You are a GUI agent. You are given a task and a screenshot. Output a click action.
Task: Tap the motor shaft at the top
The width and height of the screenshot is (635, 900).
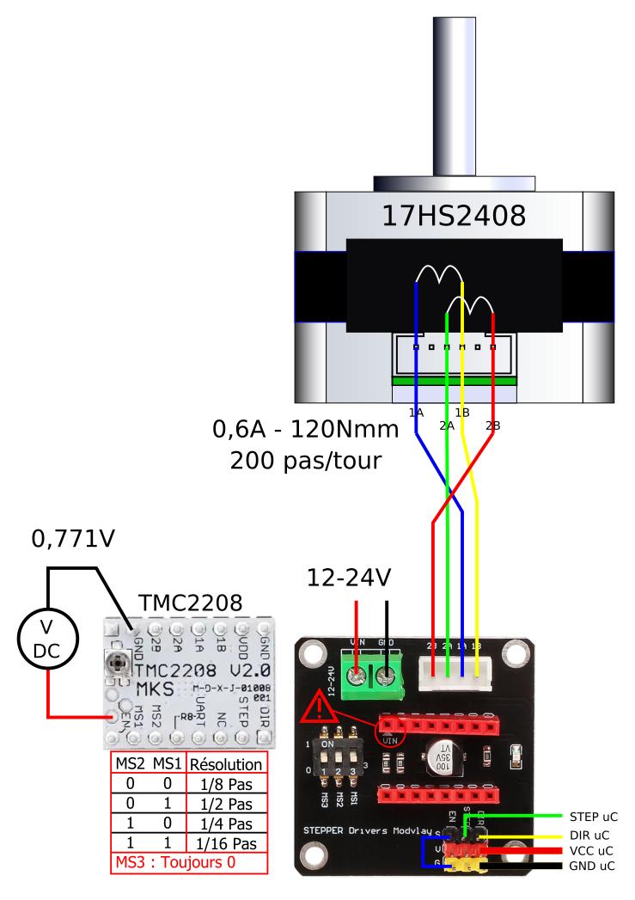coord(454,86)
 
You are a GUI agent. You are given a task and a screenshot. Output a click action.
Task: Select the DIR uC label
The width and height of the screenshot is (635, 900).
coord(589,834)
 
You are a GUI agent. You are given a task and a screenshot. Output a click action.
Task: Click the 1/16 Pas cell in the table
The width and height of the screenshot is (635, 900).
coord(225,843)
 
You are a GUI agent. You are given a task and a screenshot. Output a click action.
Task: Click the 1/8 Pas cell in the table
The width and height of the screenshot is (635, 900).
coord(225,784)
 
